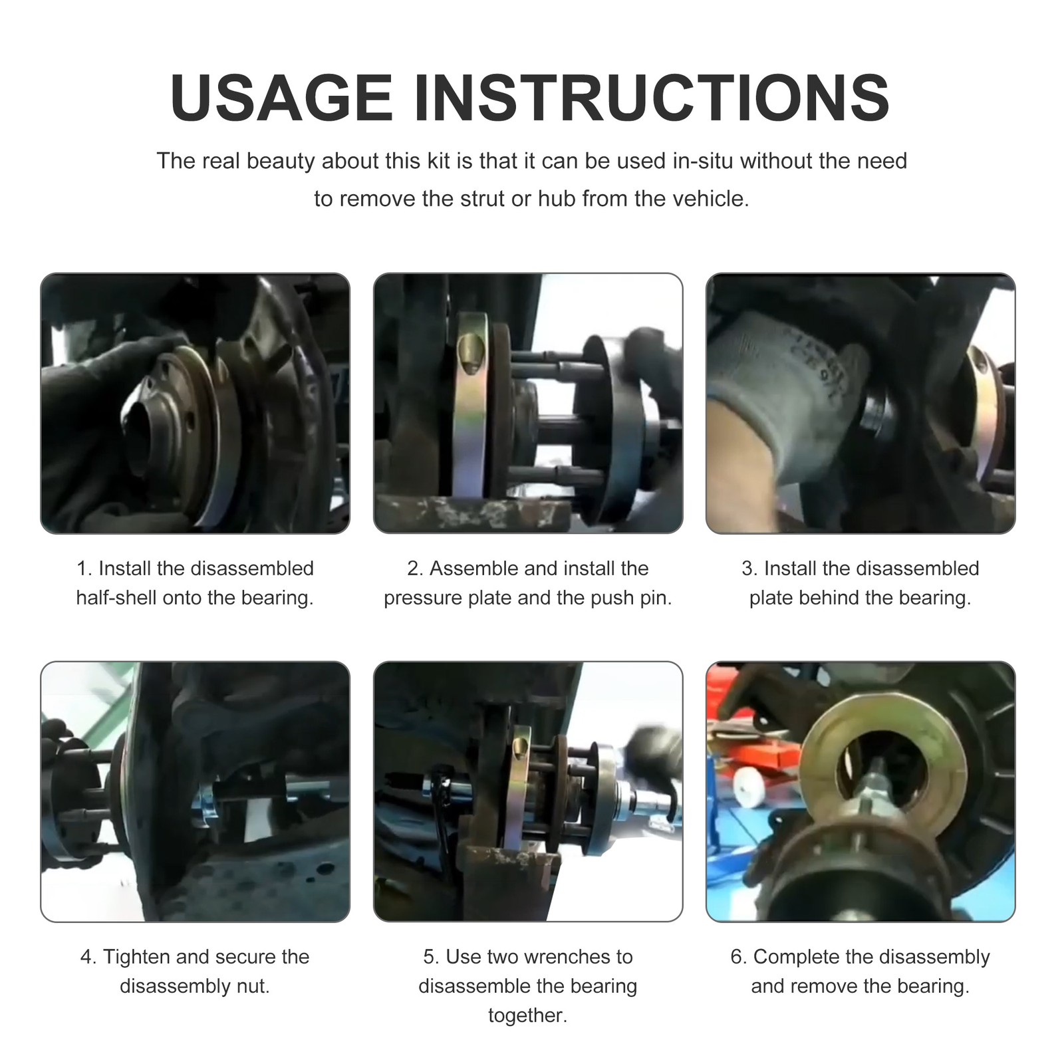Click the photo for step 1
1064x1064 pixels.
(195, 403)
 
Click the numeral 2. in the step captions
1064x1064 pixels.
(415, 569)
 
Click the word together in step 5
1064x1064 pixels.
(527, 1016)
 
